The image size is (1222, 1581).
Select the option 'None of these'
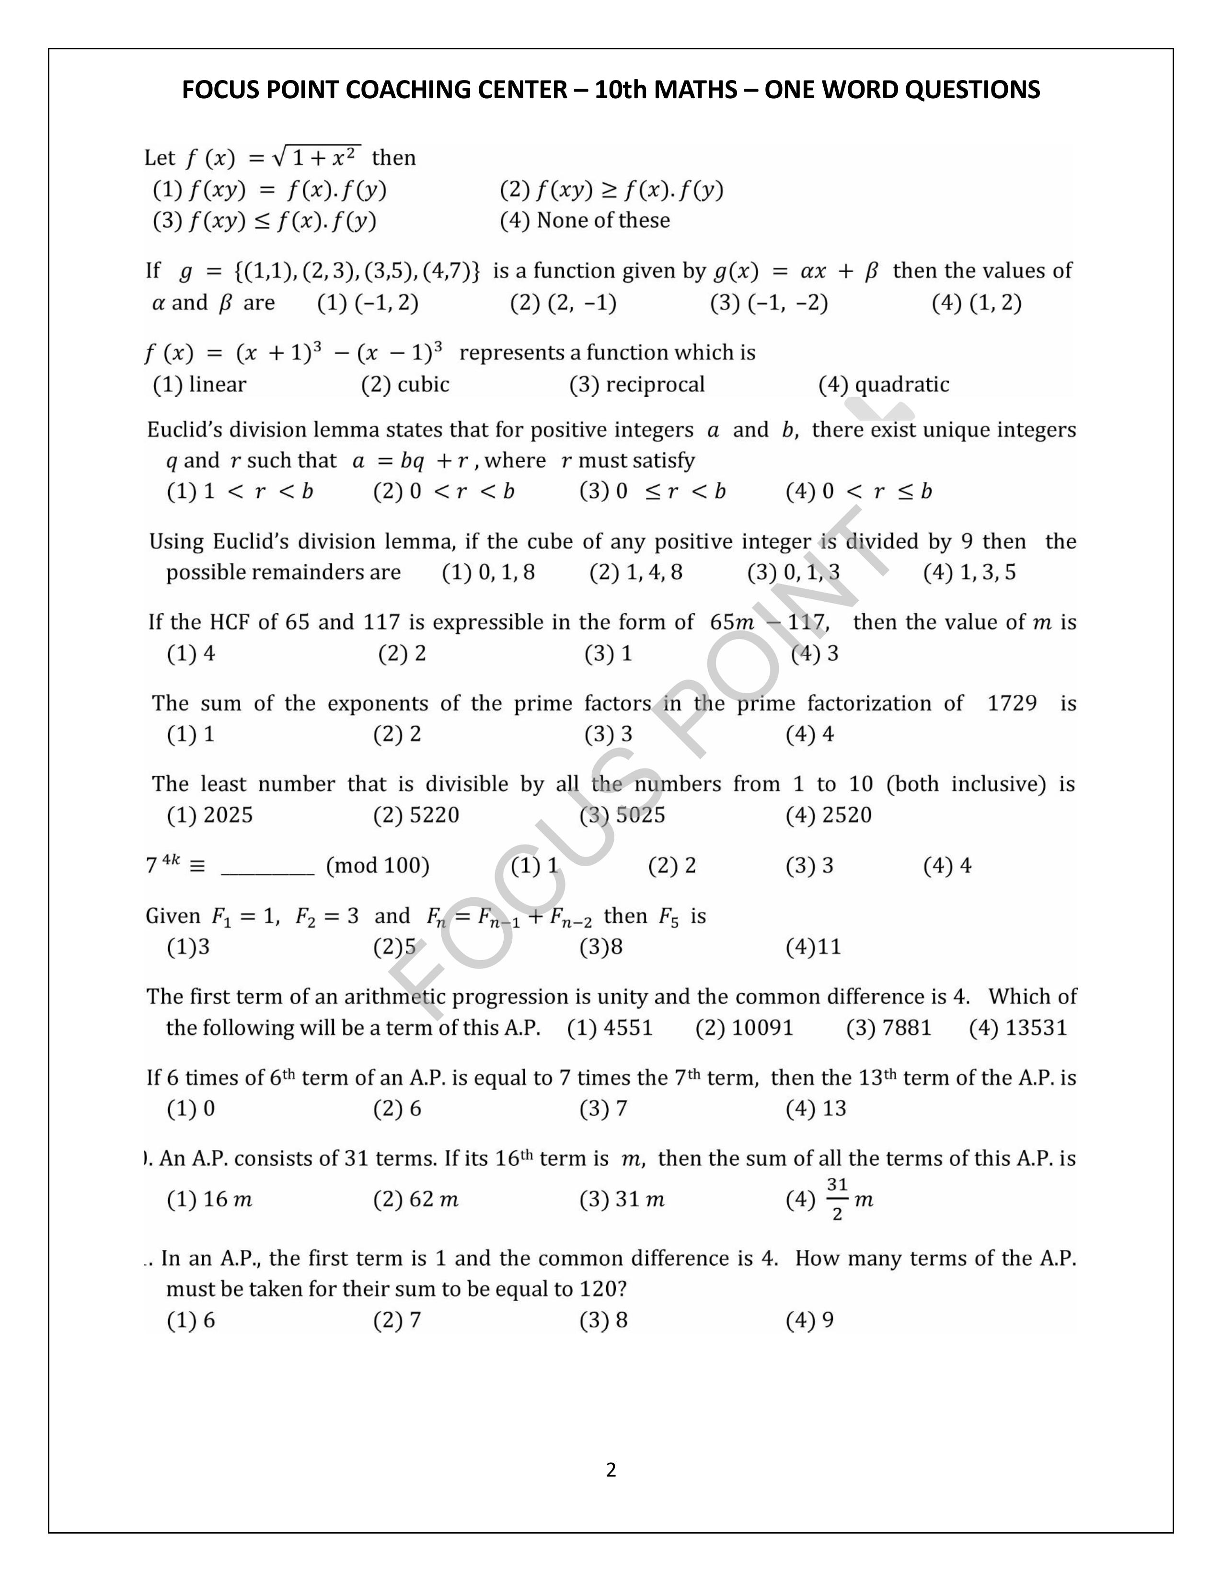(x=602, y=220)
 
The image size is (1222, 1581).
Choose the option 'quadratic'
(x=901, y=384)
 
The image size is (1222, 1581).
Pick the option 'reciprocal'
(x=655, y=384)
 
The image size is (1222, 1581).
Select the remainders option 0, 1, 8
(x=506, y=573)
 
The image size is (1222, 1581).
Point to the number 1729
(x=1012, y=703)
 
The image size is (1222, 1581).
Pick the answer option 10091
(x=762, y=1028)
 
